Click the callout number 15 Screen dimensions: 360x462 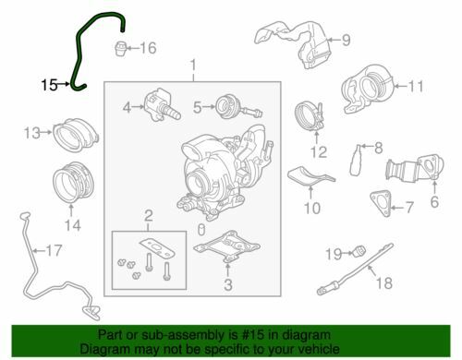[x=50, y=84]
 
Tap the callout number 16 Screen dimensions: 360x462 [x=148, y=47]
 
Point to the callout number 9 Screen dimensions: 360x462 [x=347, y=40]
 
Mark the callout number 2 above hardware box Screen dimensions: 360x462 [x=146, y=217]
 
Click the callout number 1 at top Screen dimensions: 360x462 [x=193, y=66]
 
